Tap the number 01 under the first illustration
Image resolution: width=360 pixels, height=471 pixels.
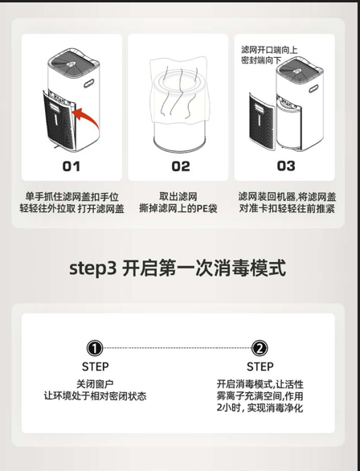[x=72, y=166]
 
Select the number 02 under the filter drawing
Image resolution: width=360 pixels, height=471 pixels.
[x=181, y=166]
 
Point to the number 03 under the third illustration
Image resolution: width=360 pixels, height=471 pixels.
[x=286, y=166]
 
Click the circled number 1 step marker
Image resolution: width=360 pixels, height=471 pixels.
[x=95, y=349]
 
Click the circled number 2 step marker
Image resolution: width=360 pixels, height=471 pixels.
[x=260, y=349]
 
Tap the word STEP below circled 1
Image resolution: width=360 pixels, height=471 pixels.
[x=95, y=367]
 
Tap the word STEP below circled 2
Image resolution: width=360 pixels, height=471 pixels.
[x=260, y=367]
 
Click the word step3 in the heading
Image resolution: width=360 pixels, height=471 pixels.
[x=92, y=268]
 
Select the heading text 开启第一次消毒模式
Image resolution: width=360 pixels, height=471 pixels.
[x=204, y=268]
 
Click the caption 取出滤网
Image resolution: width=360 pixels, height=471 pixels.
[x=178, y=197]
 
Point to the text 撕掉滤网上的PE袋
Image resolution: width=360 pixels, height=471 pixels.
[x=178, y=208]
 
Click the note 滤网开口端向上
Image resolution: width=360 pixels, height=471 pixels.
[x=269, y=50]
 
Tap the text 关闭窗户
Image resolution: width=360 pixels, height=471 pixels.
[x=95, y=384]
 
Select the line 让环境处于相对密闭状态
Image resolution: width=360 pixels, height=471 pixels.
[x=95, y=396]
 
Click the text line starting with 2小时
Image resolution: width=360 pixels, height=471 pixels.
[x=260, y=408]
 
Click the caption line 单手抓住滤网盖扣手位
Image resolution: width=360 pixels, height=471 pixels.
[x=72, y=197]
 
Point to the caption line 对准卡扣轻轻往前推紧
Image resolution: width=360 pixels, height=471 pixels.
[x=287, y=208]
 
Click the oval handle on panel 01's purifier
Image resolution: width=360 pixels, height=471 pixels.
[x=89, y=84]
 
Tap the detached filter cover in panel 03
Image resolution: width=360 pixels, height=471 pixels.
[x=262, y=121]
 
